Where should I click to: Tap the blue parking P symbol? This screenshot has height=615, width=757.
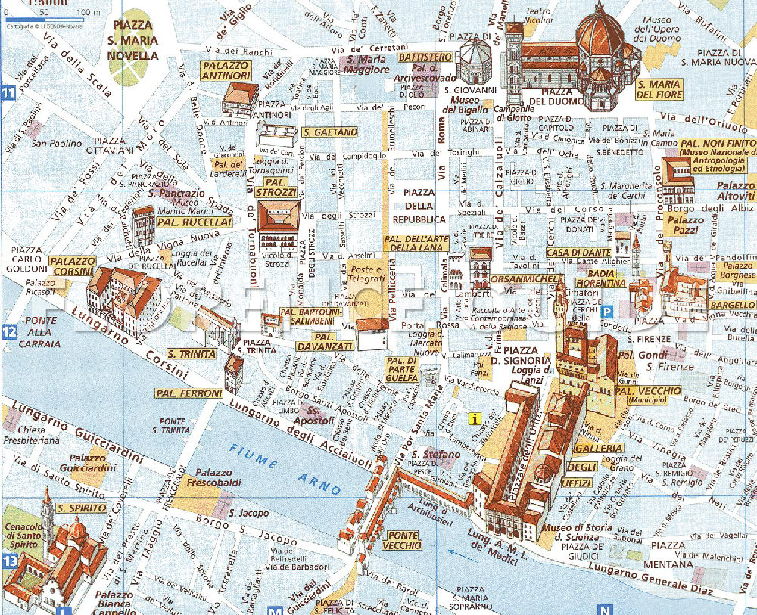pos(606,310)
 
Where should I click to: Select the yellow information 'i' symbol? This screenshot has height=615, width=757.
pos(475,418)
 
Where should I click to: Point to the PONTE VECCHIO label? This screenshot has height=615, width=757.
pos(401,540)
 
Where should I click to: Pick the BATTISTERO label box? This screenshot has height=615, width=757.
pos(425,57)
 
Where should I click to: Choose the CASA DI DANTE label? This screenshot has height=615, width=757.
pos(578,252)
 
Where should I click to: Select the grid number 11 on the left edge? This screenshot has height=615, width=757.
pos(8,95)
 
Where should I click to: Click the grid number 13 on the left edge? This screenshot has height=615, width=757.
pos(8,561)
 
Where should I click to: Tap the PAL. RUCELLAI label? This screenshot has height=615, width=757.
pos(185,222)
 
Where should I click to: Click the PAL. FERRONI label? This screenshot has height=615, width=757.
pos(188,393)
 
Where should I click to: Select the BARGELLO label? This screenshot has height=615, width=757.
pos(732,305)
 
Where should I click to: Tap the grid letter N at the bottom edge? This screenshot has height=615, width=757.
pos(604,610)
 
